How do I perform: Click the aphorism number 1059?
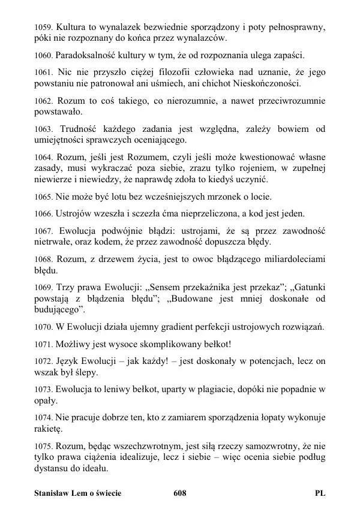point(44,28)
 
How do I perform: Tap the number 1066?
point(44,213)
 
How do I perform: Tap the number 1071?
point(44,344)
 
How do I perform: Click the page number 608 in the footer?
point(179,493)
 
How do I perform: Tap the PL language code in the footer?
point(320,493)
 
